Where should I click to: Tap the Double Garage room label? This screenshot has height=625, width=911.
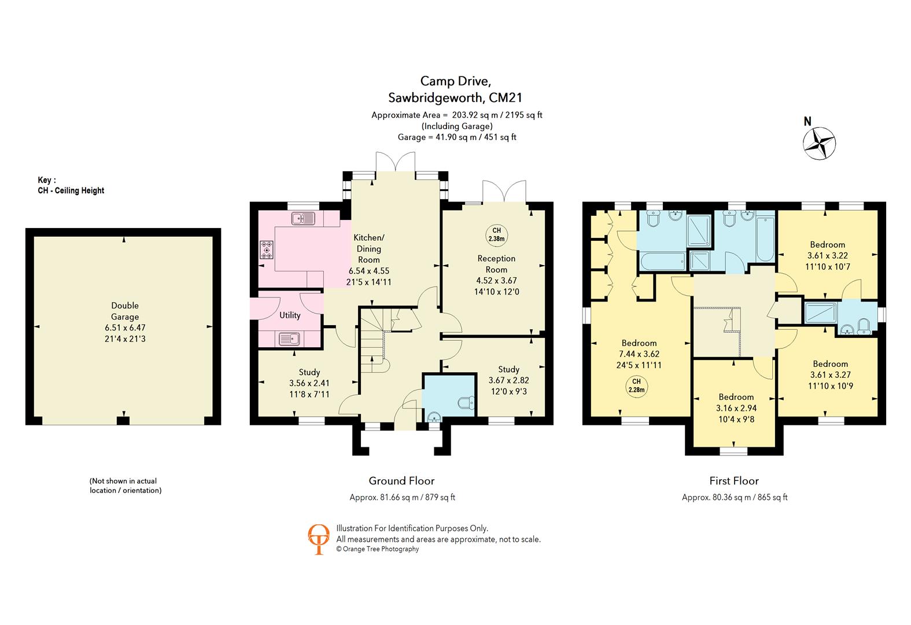(125, 311)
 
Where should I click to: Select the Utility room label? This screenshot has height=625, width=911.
(290, 315)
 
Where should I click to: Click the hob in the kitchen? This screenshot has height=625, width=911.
(267, 249)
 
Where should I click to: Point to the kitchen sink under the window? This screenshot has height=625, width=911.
(303, 219)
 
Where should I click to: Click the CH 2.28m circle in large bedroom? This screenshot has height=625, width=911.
(636, 385)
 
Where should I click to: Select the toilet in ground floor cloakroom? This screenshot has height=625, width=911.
(465, 403)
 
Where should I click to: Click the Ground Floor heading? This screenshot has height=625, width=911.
(401, 481)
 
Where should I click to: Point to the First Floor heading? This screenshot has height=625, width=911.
(734, 481)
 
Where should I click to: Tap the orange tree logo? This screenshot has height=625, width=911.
(318, 539)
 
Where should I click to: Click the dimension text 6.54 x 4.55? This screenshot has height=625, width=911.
(368, 271)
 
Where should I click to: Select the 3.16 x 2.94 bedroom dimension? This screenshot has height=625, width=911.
(736, 408)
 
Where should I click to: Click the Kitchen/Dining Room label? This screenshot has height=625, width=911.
(368, 249)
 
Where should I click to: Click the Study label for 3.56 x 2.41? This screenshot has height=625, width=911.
(309, 372)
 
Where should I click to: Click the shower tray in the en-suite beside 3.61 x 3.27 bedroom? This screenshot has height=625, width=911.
(820, 313)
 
